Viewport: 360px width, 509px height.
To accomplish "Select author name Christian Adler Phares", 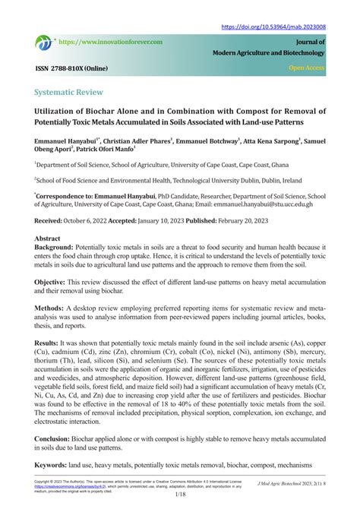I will pos(134,141).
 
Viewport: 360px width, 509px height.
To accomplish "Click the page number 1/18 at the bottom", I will pos(179,495).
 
